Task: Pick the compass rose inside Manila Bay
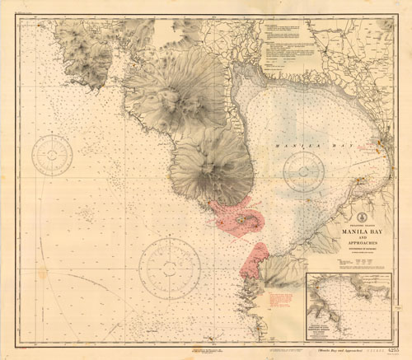tap(302, 171)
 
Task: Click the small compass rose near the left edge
tap(53, 157)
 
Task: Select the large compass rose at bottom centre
tap(170, 267)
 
